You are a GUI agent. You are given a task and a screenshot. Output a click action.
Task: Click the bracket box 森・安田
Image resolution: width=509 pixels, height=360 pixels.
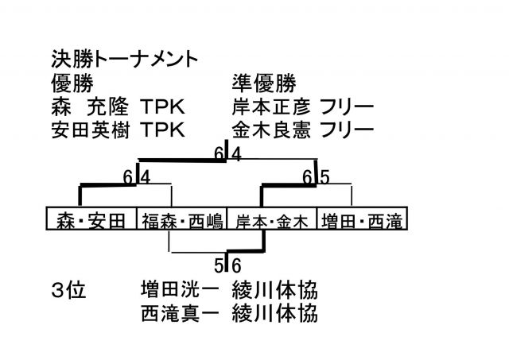91,221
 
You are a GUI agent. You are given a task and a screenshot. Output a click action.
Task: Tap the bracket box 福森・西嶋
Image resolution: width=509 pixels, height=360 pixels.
182,221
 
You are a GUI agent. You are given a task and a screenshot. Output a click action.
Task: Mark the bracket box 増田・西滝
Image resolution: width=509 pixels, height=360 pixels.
362,221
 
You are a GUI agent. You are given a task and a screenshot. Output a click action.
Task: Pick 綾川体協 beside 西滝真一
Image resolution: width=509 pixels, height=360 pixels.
275,313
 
